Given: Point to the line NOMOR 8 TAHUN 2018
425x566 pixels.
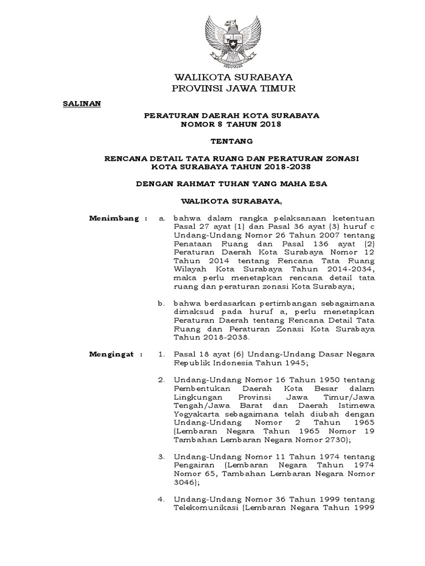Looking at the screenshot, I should point(232,124).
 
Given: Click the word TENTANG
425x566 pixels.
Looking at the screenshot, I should point(232,141).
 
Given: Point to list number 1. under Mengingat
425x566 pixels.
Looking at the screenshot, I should point(162,354).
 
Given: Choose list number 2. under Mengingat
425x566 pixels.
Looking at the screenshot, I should point(162,380).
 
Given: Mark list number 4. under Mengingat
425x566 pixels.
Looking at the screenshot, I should point(162,499).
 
